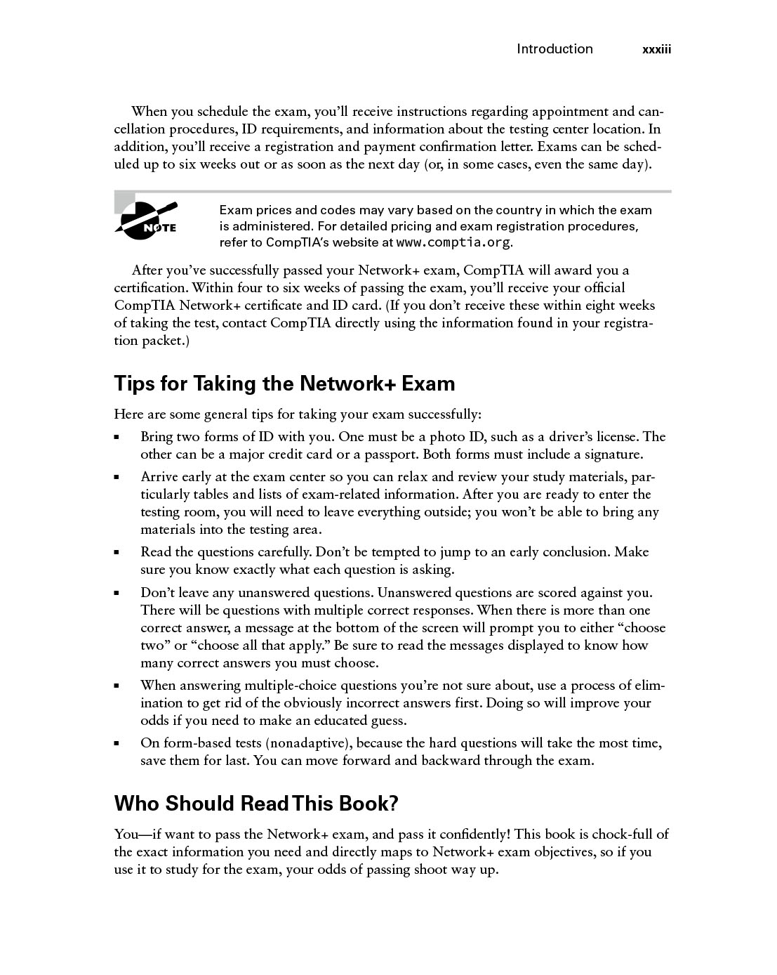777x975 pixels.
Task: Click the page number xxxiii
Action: click(x=657, y=49)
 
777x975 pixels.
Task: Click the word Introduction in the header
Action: click(x=554, y=48)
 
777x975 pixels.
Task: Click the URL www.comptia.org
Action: click(x=453, y=243)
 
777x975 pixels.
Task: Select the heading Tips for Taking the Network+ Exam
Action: click(x=284, y=384)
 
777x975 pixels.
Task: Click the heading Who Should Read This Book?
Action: click(x=256, y=803)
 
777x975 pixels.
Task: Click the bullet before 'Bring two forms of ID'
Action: click(x=118, y=438)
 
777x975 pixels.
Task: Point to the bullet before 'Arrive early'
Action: click(x=118, y=478)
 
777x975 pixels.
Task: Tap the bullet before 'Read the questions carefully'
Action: click(x=118, y=553)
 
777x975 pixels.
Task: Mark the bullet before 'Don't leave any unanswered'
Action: click(x=118, y=594)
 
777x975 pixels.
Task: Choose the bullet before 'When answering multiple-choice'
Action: click(x=118, y=686)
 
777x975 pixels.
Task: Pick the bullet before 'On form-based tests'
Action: click(x=118, y=744)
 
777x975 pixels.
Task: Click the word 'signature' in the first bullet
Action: click(x=611, y=454)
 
